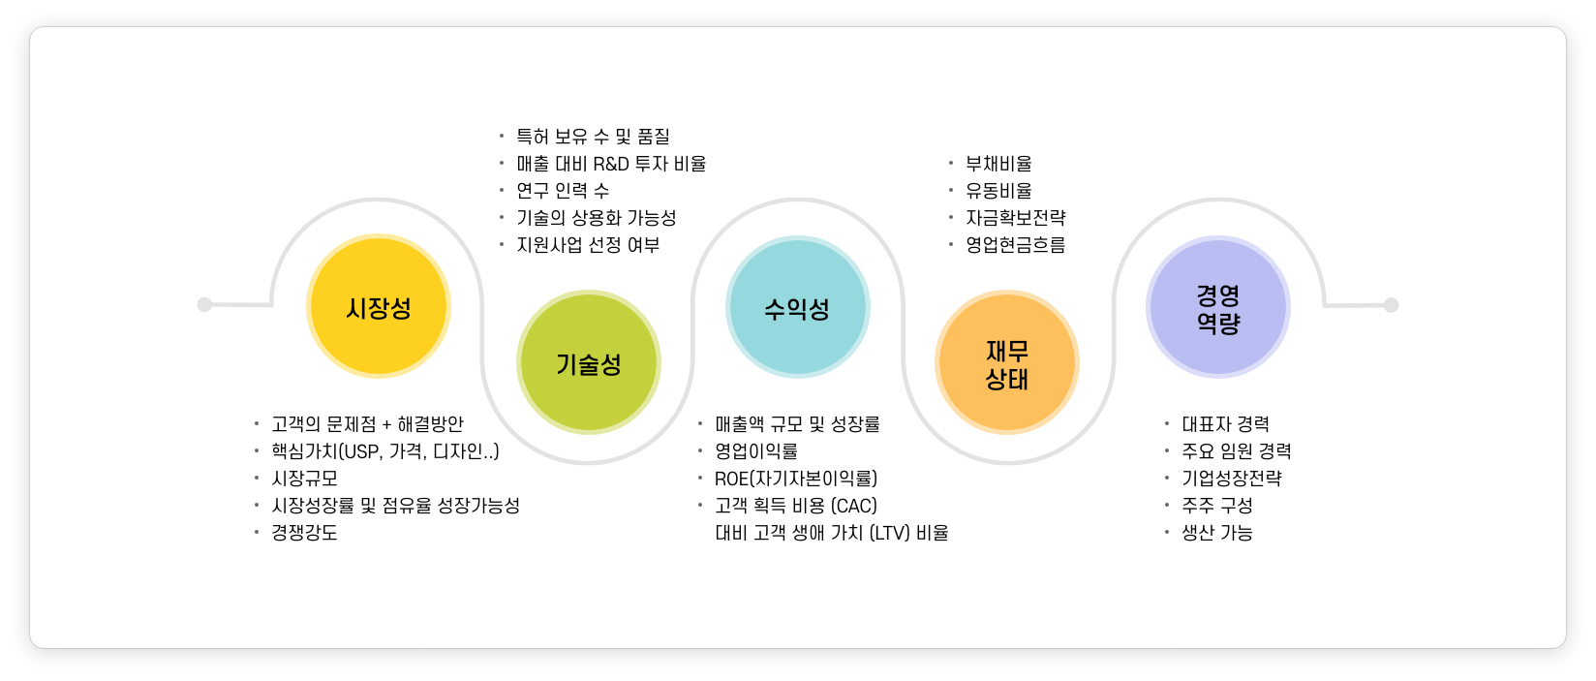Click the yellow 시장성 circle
pos(379,306)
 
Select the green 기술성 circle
pos(589,362)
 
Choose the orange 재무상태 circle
pos(1007,362)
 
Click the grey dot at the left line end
pos(204,304)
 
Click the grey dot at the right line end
pos(1391,305)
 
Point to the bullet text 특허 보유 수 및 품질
pos(593,137)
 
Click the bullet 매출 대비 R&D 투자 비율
pos(611,164)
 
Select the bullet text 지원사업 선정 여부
pos(588,245)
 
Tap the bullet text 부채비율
pos(998,164)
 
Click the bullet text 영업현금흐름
pos(1015,245)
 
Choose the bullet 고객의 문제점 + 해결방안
pos(367,424)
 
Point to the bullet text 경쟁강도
pos(304,533)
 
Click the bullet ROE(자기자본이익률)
pos(796,479)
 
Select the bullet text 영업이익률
pos(756,451)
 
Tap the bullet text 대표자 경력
pos(1225,424)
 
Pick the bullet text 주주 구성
pos(1216,506)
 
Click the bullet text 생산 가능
pos(1216,533)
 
